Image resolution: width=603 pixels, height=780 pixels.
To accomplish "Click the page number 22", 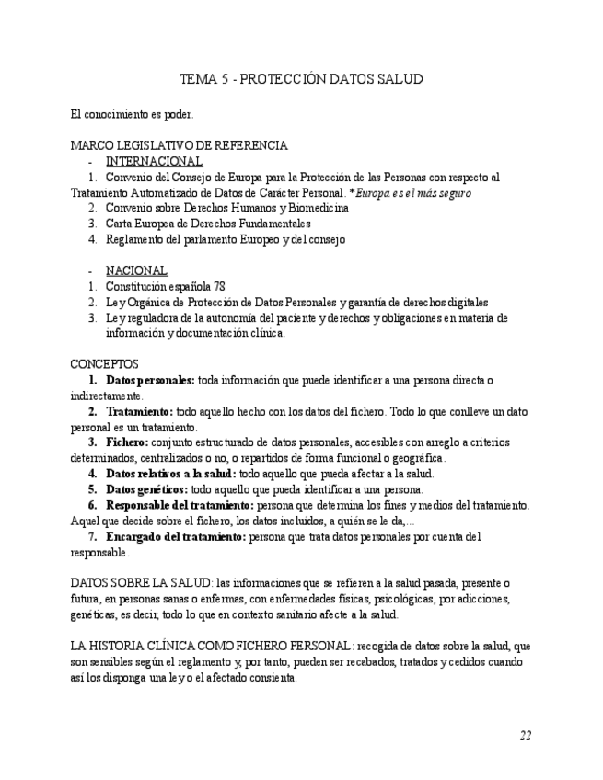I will (x=525, y=735).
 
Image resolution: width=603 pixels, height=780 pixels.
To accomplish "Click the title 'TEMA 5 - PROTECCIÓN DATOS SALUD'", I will (x=301, y=79).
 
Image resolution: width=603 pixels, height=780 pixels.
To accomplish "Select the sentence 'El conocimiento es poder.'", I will (x=132, y=115).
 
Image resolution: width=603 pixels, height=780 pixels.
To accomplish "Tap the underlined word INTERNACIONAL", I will (x=154, y=161).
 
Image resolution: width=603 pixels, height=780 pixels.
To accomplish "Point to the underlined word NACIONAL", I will (x=136, y=270).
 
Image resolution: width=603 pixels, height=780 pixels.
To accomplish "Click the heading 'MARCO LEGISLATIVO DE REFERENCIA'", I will (x=179, y=145).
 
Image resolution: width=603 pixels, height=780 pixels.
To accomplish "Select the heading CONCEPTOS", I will (x=104, y=364).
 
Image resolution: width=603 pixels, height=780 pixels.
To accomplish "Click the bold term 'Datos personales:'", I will (x=150, y=380).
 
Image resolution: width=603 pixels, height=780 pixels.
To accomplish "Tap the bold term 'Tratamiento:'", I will (x=139, y=411).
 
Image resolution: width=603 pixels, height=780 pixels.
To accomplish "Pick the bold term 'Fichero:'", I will (x=128, y=442).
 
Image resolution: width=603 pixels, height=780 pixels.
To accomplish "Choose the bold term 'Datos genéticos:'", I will (x=146, y=489).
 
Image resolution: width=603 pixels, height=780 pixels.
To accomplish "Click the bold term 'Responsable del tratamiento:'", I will (x=179, y=505).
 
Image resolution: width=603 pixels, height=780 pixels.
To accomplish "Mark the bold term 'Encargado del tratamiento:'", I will (x=176, y=536).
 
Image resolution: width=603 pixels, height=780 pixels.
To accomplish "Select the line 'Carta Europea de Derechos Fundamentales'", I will (x=208, y=224).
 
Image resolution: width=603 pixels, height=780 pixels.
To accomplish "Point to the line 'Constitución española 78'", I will (x=166, y=286).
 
